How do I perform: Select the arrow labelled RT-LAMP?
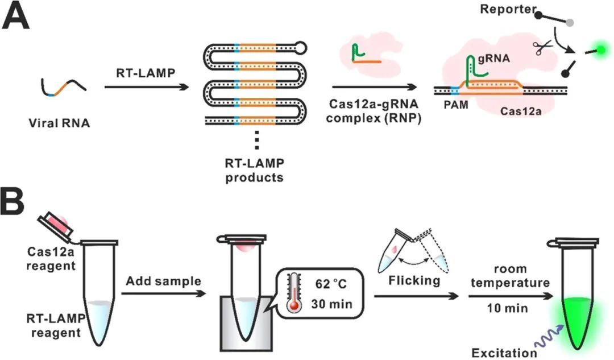[x=147, y=88]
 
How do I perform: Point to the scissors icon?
[x=541, y=48]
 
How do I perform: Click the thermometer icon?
[x=293, y=288]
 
